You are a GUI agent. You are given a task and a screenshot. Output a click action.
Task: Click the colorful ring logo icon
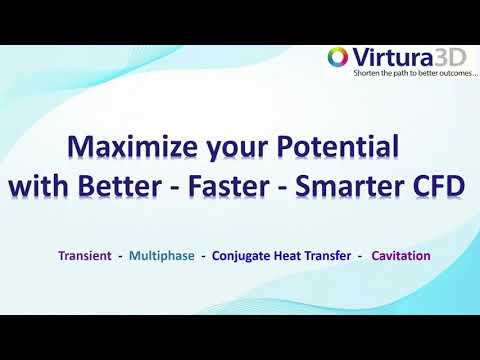point(338,58)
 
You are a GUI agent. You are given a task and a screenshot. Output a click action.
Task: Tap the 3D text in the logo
point(442,57)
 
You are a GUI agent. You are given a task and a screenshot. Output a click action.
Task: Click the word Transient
point(84,256)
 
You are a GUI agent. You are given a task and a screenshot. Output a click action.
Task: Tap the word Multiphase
point(162,256)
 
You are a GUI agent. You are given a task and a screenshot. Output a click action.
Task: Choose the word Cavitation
point(401,256)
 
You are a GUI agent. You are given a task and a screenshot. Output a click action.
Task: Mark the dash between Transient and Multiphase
point(120,256)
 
